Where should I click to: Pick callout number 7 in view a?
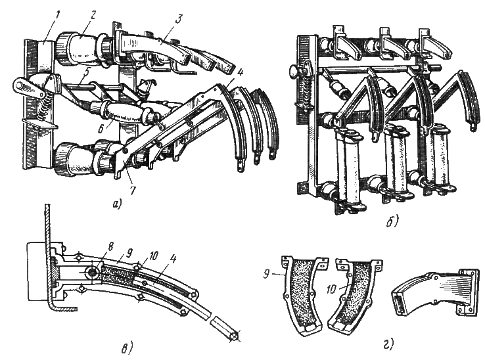pyautogui.click(x=133, y=189)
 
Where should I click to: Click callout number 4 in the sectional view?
pyautogui.click(x=173, y=259)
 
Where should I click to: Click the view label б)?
pyautogui.click(x=393, y=221)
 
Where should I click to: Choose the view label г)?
pyautogui.click(x=388, y=344)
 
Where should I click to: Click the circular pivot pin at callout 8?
pyautogui.click(x=92, y=272)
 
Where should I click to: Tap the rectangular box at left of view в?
pyautogui.click(x=38, y=272)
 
